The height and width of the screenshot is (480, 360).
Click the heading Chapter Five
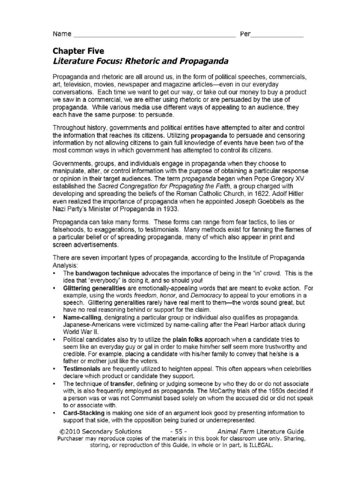pos(78,51)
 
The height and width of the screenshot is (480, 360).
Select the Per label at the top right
pos(245,34)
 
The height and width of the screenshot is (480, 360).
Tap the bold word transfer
pos(119,382)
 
